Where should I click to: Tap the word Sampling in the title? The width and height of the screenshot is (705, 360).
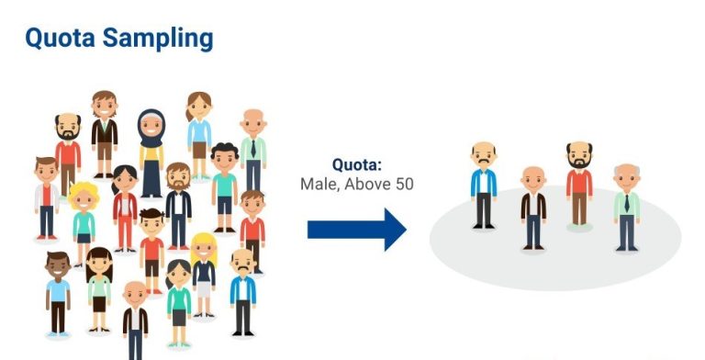point(159,39)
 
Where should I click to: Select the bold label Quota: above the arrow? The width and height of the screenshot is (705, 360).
point(356,165)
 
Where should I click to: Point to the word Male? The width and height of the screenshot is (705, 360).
point(319,184)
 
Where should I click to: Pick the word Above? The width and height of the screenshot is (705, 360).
point(369,184)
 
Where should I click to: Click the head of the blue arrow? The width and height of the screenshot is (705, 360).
point(393,230)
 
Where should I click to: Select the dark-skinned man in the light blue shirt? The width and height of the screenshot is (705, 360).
point(58,292)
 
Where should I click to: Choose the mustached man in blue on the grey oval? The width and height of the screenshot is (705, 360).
point(484,184)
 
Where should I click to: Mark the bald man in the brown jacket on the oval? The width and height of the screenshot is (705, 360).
point(532,207)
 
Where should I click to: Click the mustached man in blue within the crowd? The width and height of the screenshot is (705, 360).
point(242,289)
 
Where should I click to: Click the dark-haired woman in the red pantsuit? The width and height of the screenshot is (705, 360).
point(125,207)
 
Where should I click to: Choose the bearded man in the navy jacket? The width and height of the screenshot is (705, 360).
point(178,202)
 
